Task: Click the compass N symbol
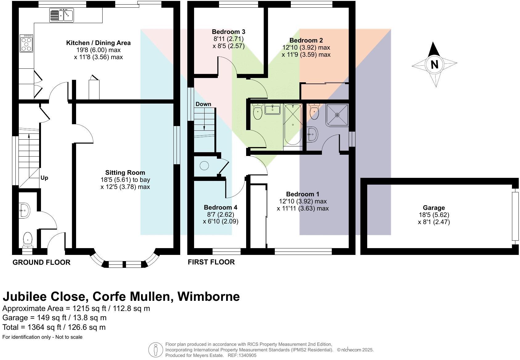[x=434, y=64]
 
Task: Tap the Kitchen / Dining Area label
[x=98, y=43]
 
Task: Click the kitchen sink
[x=61, y=15]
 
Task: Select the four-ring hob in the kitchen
[x=26, y=43]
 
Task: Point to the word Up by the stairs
[x=44, y=178]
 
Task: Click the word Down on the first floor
[x=203, y=104]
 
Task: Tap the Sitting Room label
[x=125, y=173]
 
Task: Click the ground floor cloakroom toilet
[x=28, y=239]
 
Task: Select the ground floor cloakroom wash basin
[x=24, y=211]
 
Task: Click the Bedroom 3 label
[x=228, y=32]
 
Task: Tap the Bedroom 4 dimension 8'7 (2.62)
[x=220, y=214]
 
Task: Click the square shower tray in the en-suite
[x=337, y=115]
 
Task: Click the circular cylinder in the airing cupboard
[x=204, y=166]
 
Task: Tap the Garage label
[x=433, y=208]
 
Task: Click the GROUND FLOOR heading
[x=41, y=262]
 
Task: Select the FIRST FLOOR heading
[x=211, y=262]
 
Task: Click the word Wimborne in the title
[x=209, y=297]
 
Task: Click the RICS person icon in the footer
[x=156, y=350]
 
